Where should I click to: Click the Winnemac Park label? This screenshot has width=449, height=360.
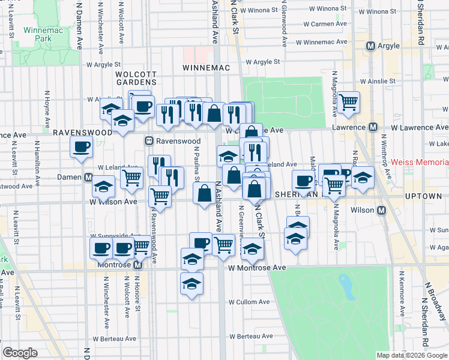pos(39,35)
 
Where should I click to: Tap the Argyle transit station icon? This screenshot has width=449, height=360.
pos(371,46)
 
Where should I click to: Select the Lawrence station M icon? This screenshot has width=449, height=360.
pos(373,127)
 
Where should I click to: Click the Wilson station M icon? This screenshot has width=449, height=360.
pos(382,210)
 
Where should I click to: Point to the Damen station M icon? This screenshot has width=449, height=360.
pos(88,178)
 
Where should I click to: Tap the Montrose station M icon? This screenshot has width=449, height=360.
pos(137,265)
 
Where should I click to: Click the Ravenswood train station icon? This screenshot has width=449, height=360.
pos(148,142)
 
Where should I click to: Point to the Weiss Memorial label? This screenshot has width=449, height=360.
pos(420,163)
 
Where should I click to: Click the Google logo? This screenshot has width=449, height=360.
pos(20,352)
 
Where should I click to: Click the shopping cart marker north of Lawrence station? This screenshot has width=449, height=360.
pos(348,103)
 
